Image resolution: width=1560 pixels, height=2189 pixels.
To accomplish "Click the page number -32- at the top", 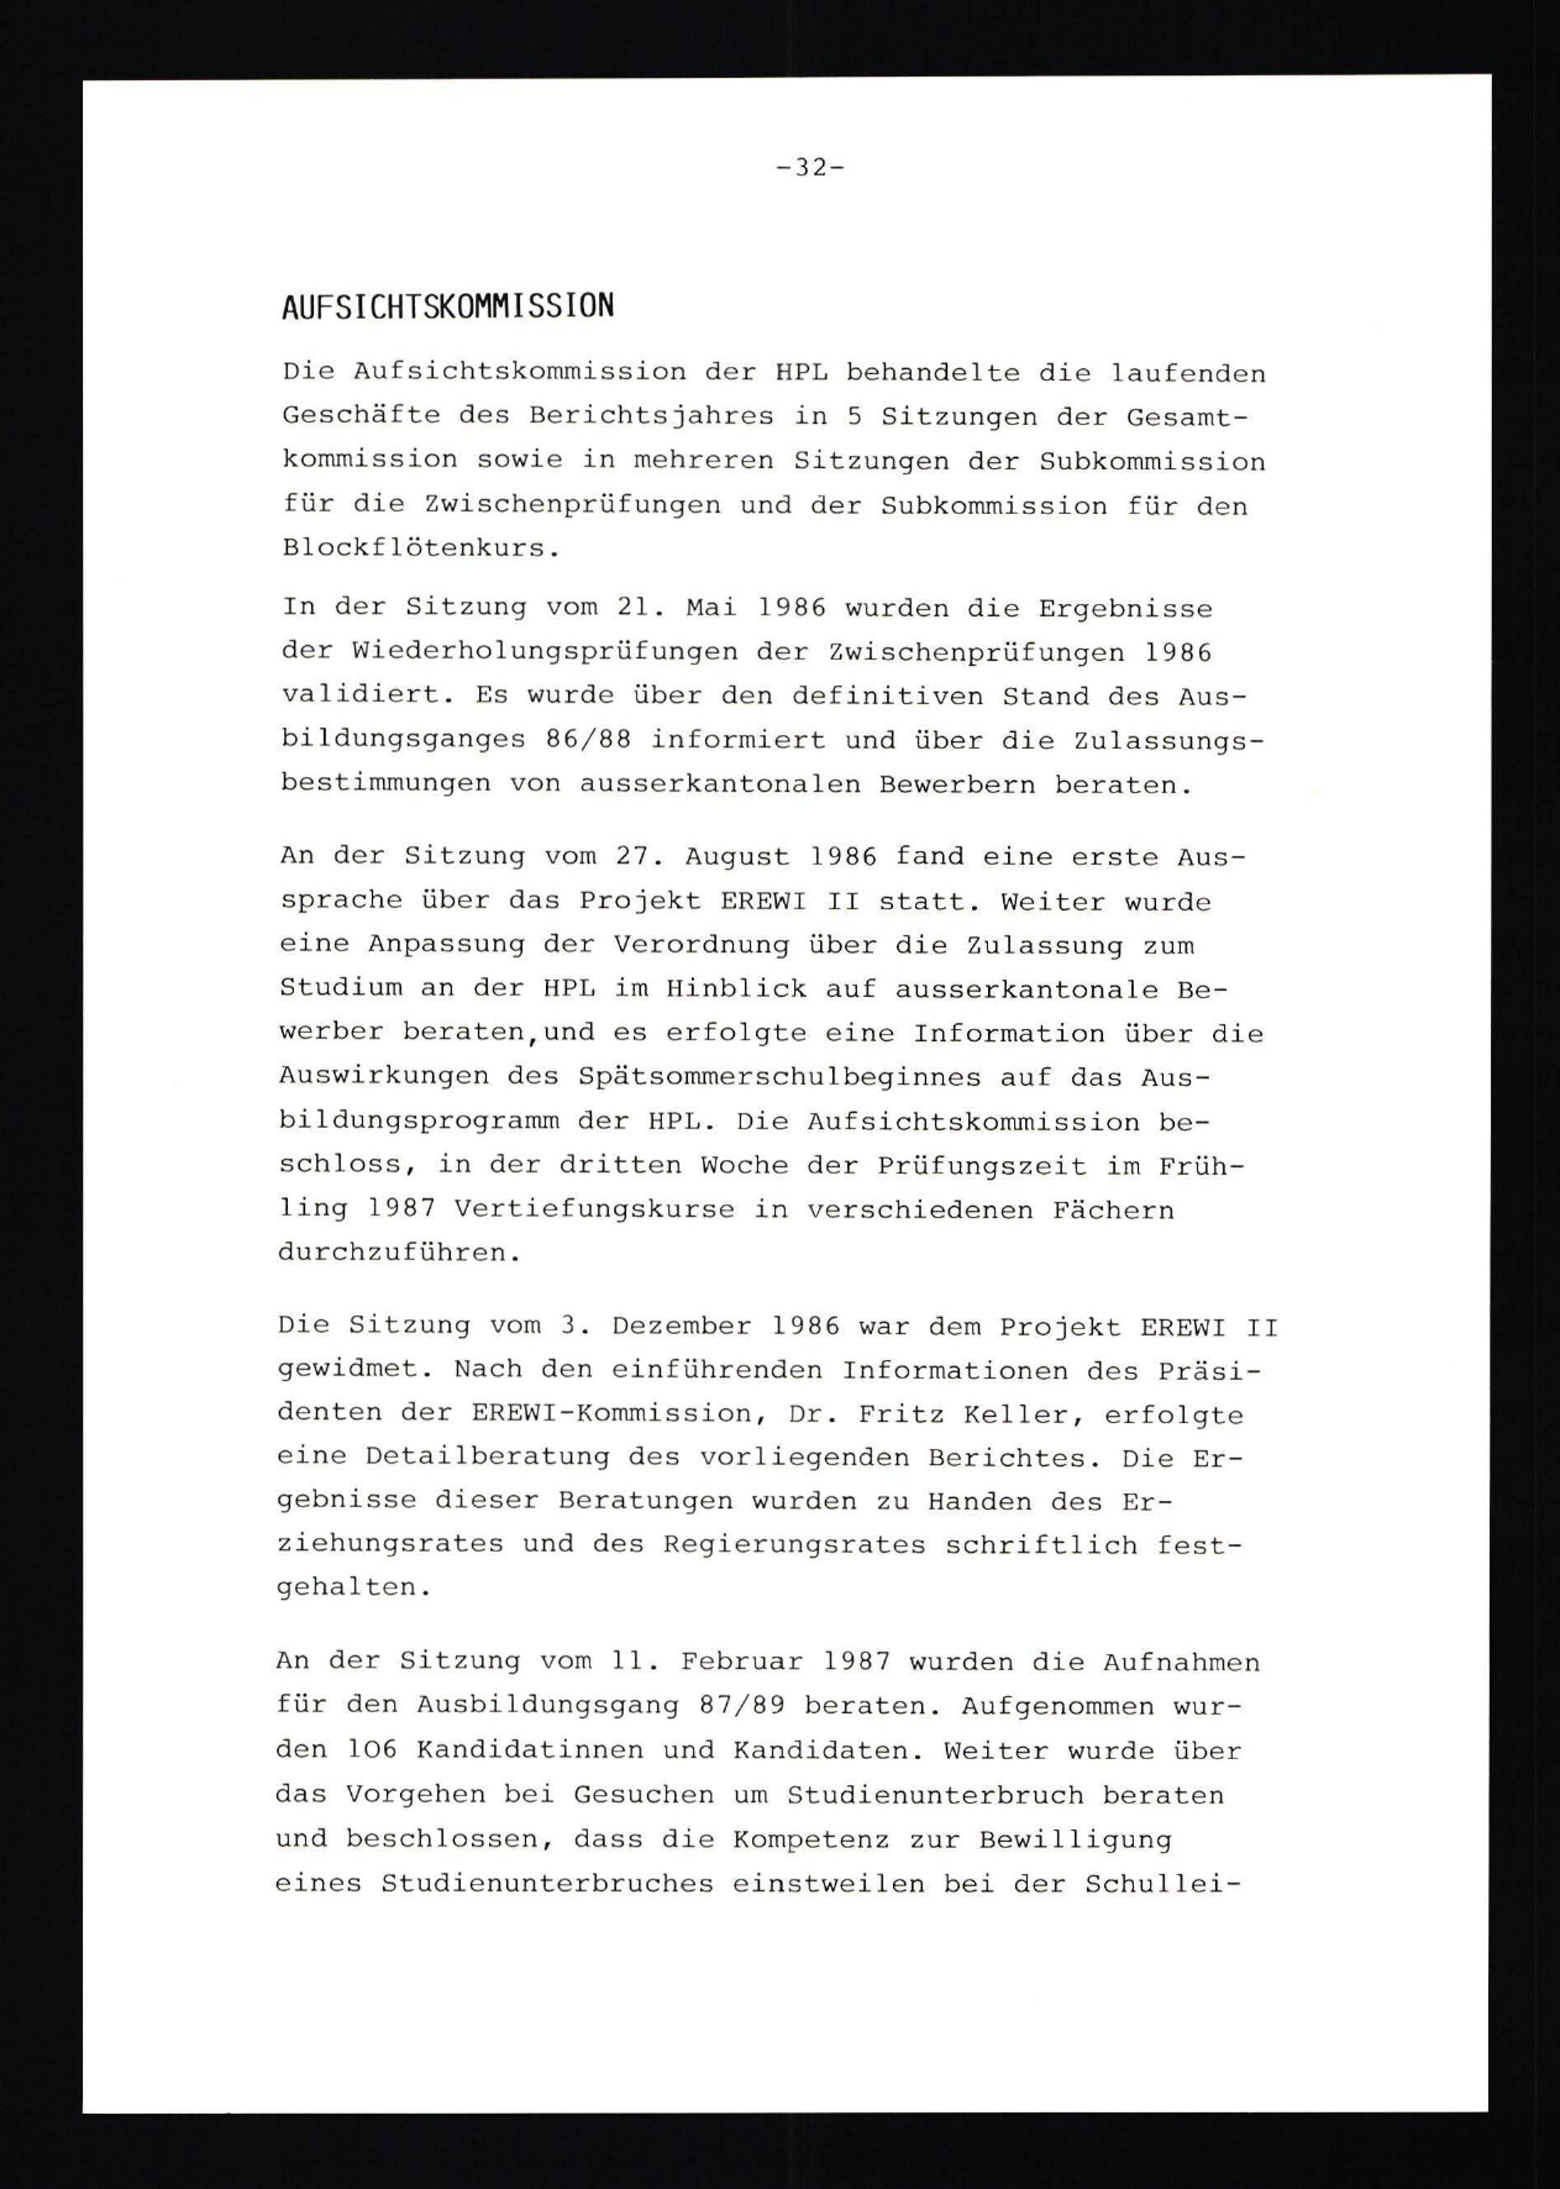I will [810, 168].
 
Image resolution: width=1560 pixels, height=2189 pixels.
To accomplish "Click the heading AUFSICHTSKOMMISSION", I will [448, 307].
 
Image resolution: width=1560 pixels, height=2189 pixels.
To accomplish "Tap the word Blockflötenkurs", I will [420, 548].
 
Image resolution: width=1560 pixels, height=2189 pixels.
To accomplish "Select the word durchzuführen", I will [399, 1254].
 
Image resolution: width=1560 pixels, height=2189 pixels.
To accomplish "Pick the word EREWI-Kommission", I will [612, 1415].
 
